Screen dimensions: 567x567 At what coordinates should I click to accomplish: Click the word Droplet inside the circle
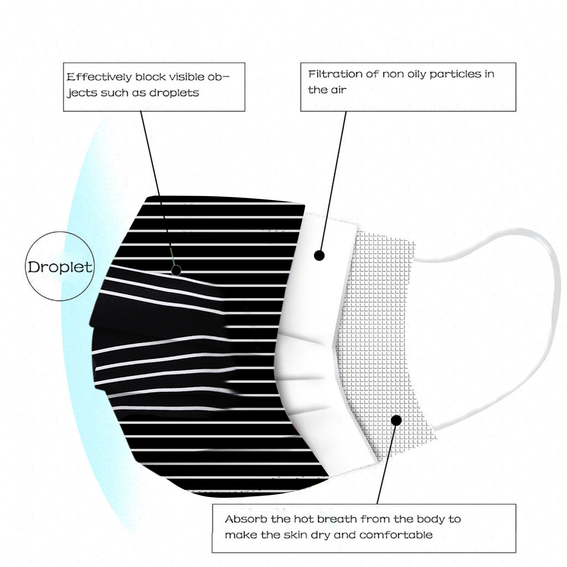click(60, 267)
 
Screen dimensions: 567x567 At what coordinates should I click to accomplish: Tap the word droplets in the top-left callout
click(174, 93)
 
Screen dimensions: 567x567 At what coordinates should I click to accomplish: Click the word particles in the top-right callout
click(455, 74)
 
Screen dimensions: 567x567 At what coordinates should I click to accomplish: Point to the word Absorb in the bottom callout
click(246, 520)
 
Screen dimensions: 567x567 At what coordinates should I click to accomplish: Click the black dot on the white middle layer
click(319, 256)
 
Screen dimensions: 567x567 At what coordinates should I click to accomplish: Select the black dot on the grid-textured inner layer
click(397, 421)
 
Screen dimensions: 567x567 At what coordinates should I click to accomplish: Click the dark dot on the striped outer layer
click(176, 270)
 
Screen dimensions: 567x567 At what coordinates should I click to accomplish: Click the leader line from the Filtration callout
click(333, 181)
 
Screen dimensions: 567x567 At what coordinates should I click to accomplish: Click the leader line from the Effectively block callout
click(158, 188)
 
